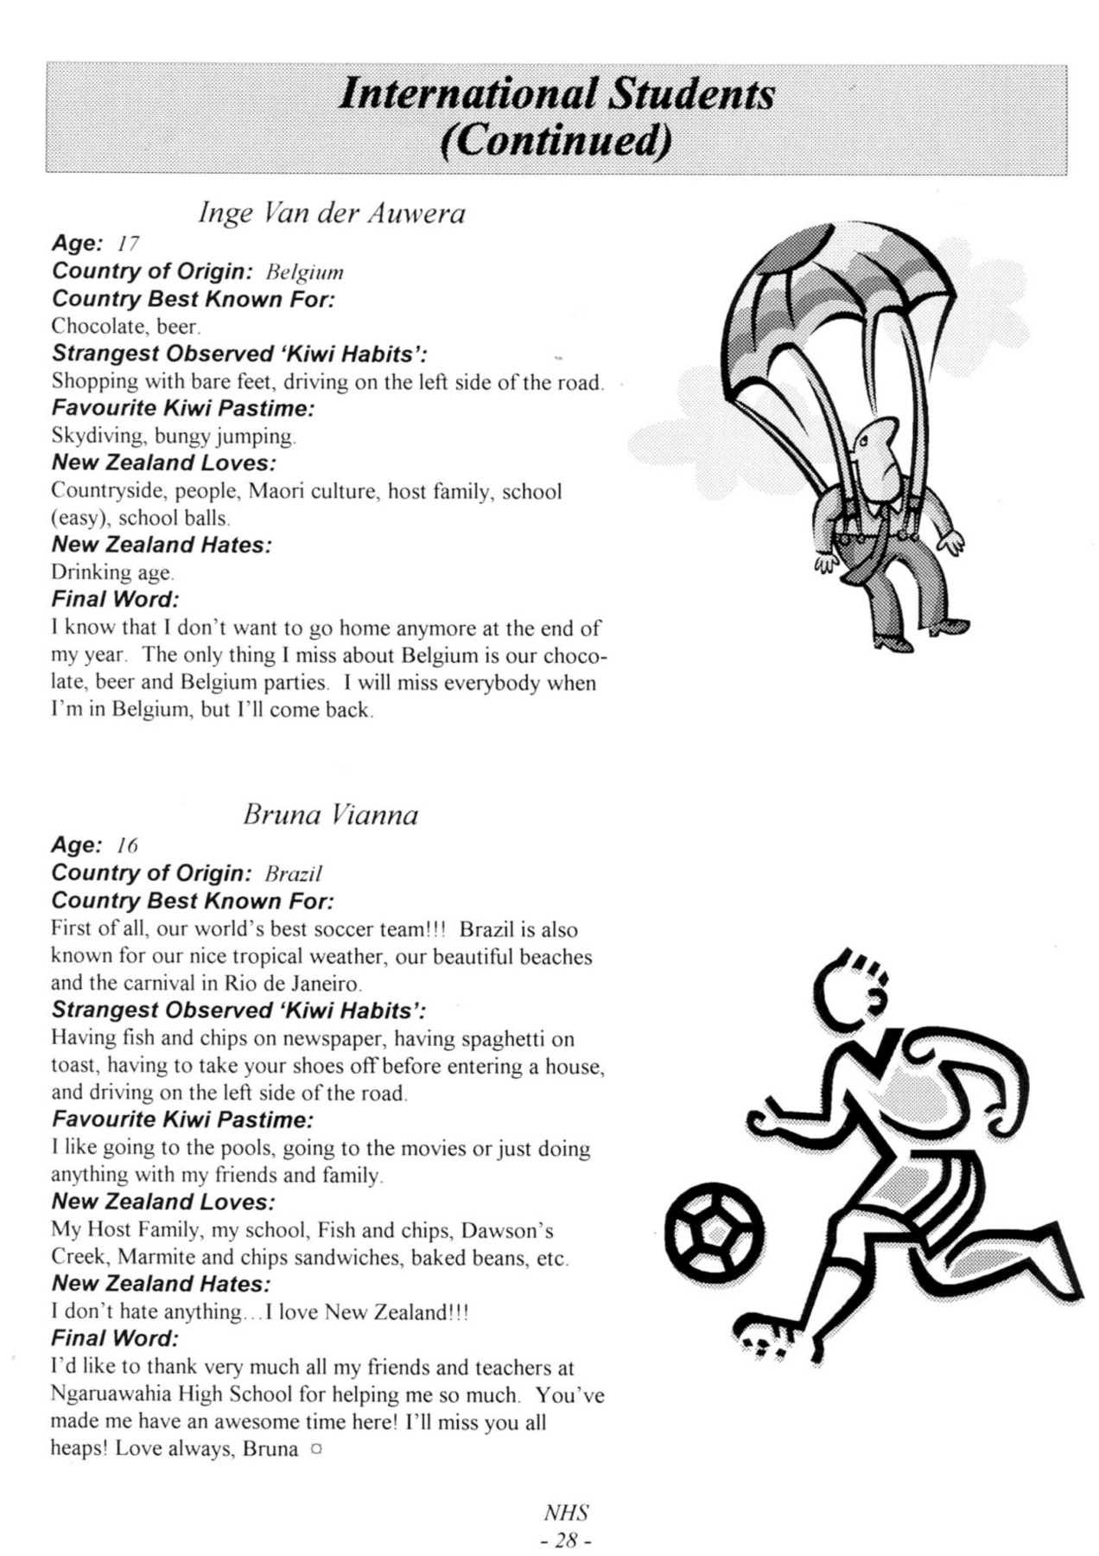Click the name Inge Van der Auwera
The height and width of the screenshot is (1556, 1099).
tap(331, 213)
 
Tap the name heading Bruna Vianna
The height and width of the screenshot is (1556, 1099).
tap(330, 814)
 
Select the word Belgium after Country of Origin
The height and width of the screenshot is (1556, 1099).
tap(304, 273)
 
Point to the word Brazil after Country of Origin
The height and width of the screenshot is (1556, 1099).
tap(293, 874)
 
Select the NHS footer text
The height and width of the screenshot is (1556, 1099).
tap(566, 1513)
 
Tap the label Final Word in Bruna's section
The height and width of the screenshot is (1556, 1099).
tap(115, 1338)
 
